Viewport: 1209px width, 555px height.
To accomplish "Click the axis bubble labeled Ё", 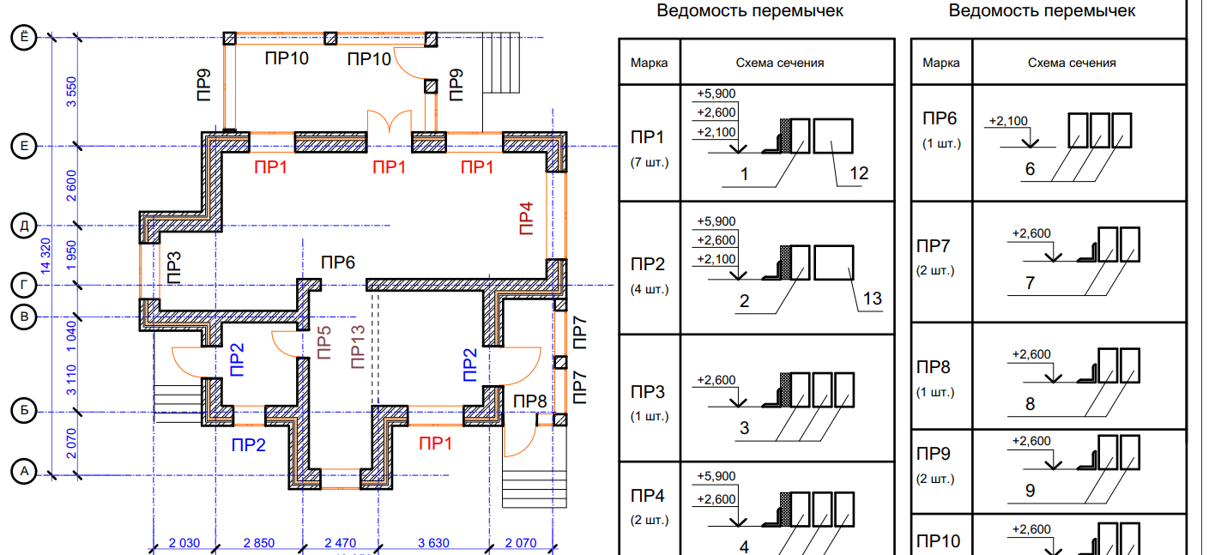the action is click(24, 38).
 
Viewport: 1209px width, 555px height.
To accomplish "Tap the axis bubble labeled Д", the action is click(24, 226).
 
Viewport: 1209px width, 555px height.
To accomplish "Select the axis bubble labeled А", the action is click(24, 472).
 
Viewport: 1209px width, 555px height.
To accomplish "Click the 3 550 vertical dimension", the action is click(71, 92).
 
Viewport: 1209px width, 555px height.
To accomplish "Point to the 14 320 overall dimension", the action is click(45, 256).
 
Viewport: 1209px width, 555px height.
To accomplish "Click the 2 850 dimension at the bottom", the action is click(259, 543).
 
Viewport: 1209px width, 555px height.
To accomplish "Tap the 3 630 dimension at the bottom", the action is click(433, 543).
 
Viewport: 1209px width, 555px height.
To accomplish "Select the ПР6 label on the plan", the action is click(338, 262).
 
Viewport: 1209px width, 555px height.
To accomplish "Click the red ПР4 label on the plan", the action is click(526, 219).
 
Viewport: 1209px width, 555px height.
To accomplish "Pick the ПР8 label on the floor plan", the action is click(530, 401).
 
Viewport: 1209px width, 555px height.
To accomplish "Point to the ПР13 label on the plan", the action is click(358, 347).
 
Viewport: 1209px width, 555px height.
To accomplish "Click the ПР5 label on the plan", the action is click(323, 343).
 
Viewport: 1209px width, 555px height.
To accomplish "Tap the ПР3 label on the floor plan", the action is click(174, 268).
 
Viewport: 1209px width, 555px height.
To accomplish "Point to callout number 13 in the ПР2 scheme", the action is click(872, 299).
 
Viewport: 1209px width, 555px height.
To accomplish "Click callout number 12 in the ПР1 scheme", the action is click(859, 173).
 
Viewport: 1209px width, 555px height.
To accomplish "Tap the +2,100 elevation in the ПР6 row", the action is click(1008, 121).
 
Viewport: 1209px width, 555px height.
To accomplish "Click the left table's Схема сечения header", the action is click(780, 63).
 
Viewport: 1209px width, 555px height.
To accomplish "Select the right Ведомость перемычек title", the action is click(1043, 10).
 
